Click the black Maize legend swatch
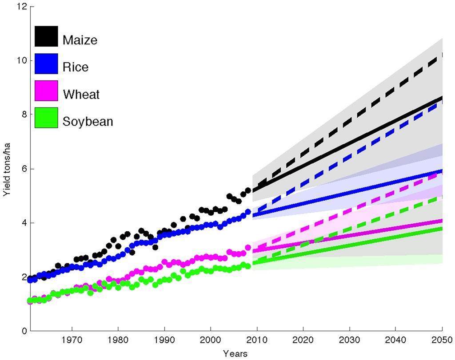pyautogui.click(x=46, y=36)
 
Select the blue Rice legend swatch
pyautogui.click(x=46, y=64)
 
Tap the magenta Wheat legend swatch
pyautogui.click(x=46, y=91)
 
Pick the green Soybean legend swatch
pyautogui.click(x=46, y=118)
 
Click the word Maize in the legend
pyautogui.click(x=80, y=40)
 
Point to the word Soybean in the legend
pyautogui.click(x=88, y=121)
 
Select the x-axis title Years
pyautogui.click(x=235, y=354)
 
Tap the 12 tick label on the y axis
pyautogui.click(x=22, y=6)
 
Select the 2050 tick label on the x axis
pyautogui.click(x=442, y=341)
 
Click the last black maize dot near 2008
pyautogui.click(x=248, y=190)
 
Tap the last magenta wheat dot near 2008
pyautogui.click(x=248, y=248)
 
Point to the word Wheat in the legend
pyautogui.click(x=81, y=94)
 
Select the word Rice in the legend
pyautogui.click(x=76, y=67)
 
